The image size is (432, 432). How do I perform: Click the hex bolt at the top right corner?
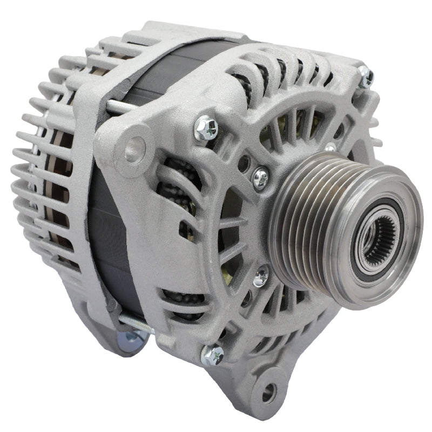[366, 76]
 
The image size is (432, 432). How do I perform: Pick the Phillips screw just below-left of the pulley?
[260, 276]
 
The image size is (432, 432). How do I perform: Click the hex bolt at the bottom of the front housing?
[213, 355]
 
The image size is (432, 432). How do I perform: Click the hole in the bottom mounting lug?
[268, 393]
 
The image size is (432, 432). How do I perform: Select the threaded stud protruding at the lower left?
[135, 322]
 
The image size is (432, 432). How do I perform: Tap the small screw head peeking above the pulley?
[330, 146]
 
